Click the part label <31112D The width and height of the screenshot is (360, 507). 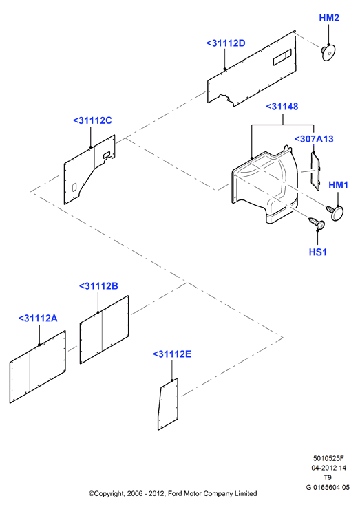[226, 43]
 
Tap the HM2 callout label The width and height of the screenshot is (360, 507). [329, 18]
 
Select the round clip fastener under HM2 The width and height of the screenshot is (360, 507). [328, 52]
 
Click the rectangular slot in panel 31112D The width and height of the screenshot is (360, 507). [282, 57]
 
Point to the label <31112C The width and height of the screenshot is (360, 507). [92, 120]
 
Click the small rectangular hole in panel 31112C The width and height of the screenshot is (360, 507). [74, 187]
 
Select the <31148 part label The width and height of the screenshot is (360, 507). [282, 107]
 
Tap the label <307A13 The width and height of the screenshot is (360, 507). [314, 139]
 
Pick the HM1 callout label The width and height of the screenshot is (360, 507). [339, 185]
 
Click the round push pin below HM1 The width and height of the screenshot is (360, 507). [335, 213]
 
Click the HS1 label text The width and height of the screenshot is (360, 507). [317, 252]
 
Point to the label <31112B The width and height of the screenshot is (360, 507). [98, 286]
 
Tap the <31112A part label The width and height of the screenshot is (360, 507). [38, 319]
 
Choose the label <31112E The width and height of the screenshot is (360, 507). [172, 354]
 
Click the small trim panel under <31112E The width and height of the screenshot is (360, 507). [168, 404]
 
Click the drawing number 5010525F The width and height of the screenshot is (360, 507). [328, 458]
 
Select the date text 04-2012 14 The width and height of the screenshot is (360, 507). [328, 468]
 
